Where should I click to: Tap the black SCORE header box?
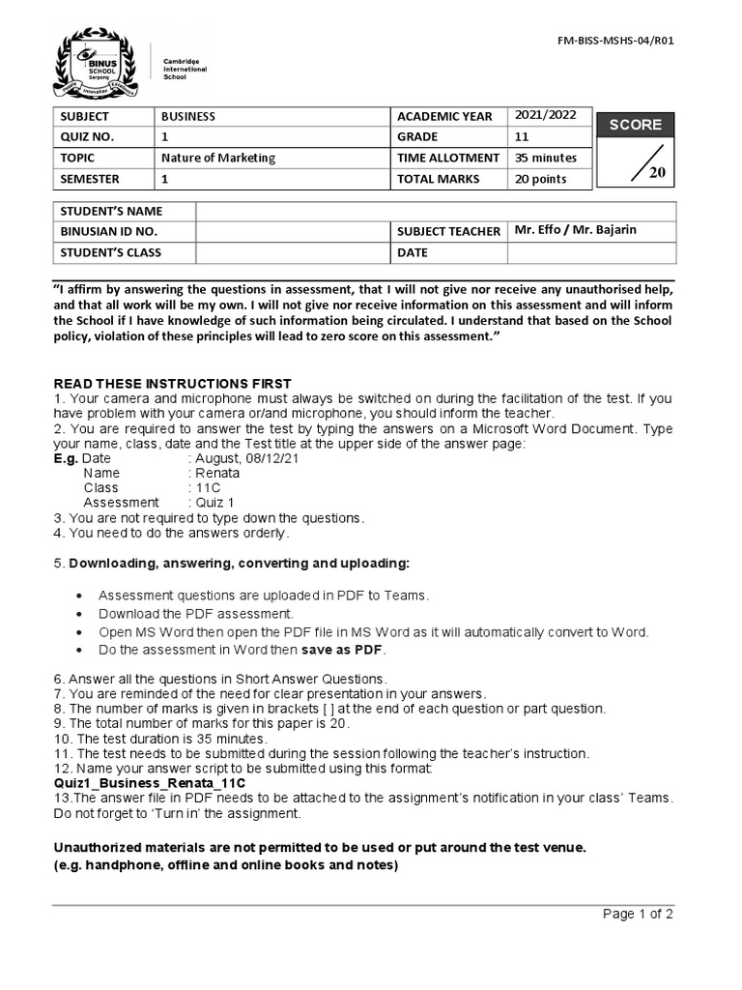click(635, 125)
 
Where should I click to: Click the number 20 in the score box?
click(657, 173)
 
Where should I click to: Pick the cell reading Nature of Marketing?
click(217, 158)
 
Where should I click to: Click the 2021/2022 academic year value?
click(546, 115)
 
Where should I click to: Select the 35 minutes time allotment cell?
click(546, 158)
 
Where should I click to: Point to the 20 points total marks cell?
click(541, 179)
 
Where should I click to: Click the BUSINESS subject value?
click(188, 116)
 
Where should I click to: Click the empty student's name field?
click(435, 211)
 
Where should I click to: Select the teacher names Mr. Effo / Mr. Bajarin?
click(576, 230)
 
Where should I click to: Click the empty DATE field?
click(591, 252)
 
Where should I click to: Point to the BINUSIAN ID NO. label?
click(108, 232)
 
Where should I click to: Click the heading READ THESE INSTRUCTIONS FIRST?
click(171, 384)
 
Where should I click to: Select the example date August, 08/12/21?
click(246, 458)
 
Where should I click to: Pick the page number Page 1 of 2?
click(638, 914)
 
